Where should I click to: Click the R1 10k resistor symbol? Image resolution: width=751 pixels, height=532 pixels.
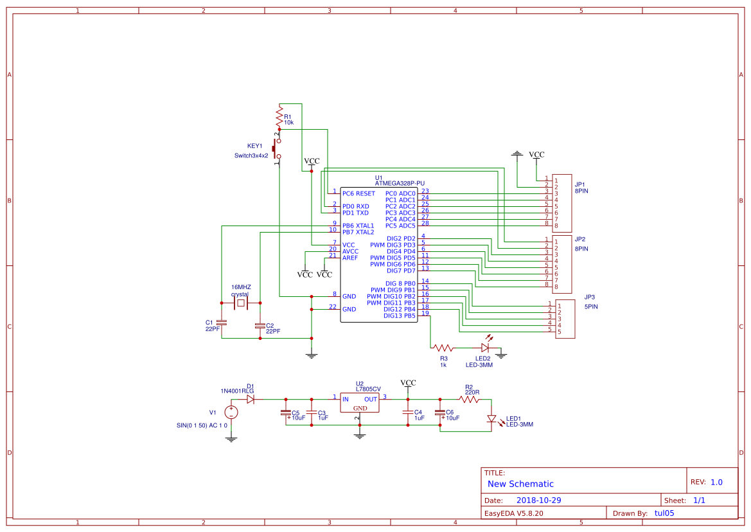(279, 116)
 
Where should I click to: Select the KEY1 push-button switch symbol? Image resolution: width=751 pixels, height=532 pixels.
(277, 149)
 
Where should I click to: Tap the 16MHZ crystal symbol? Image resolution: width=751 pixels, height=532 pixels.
(241, 303)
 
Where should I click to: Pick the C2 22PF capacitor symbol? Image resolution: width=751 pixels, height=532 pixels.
(260, 325)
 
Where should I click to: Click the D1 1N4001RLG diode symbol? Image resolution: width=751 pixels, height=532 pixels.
(251, 399)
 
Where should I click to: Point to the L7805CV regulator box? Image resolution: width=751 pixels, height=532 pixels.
(360, 403)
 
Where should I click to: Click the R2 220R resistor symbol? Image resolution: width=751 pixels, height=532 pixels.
(469, 399)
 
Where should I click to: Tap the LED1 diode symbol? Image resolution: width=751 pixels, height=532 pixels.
(492, 419)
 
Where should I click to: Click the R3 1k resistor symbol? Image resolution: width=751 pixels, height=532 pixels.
(443, 348)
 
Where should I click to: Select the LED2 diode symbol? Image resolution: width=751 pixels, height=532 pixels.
(485, 348)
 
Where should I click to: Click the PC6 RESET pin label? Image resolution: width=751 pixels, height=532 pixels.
(358, 193)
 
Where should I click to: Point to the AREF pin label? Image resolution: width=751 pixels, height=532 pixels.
(350, 258)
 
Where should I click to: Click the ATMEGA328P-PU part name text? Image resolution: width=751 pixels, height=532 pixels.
(400, 184)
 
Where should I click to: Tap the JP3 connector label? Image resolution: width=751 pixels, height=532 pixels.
(589, 297)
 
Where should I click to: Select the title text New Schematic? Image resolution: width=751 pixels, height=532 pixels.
(520, 484)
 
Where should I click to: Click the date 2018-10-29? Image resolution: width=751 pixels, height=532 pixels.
(539, 500)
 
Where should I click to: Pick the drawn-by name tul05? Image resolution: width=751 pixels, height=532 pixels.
(664, 513)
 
